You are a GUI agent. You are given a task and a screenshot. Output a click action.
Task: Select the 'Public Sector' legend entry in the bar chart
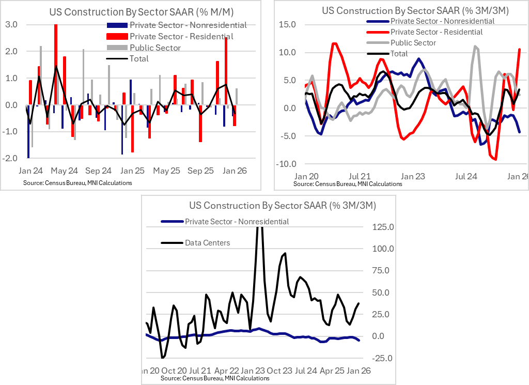155,48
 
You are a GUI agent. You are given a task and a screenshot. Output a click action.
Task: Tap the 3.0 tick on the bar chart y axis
11,25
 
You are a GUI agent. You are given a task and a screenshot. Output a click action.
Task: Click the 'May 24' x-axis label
65,171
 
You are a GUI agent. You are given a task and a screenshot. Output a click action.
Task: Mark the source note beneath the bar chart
77,183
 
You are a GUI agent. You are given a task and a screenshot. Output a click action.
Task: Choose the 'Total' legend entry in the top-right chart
399,54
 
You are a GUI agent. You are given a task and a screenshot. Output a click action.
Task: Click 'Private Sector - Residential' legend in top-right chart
437,32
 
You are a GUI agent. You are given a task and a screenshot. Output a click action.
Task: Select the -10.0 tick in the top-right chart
286,164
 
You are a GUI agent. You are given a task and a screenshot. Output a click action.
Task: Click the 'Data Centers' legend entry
208,242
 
